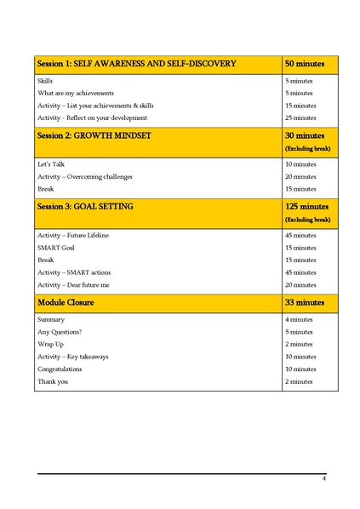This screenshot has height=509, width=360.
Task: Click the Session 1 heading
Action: click(x=136, y=64)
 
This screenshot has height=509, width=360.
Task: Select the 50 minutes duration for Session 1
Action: click(x=303, y=64)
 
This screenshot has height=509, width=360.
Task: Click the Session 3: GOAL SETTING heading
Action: click(x=85, y=206)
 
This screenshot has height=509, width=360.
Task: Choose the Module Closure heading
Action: click(x=66, y=301)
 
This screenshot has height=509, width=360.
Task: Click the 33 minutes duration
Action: click(x=305, y=301)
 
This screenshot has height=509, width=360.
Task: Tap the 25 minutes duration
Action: click(x=300, y=117)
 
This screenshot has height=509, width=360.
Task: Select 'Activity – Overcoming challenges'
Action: click(x=85, y=176)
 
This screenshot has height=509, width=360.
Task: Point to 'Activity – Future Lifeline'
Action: click(x=73, y=235)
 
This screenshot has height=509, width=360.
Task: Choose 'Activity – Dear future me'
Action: click(x=73, y=284)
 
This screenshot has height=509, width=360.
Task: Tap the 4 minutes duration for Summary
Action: click(x=299, y=319)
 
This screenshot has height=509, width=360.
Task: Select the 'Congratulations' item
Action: click(x=60, y=369)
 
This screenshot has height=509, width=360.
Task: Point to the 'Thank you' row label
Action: click(x=53, y=381)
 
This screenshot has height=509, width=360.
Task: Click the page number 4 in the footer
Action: click(x=323, y=479)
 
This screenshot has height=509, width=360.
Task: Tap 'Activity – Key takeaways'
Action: click(x=73, y=357)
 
